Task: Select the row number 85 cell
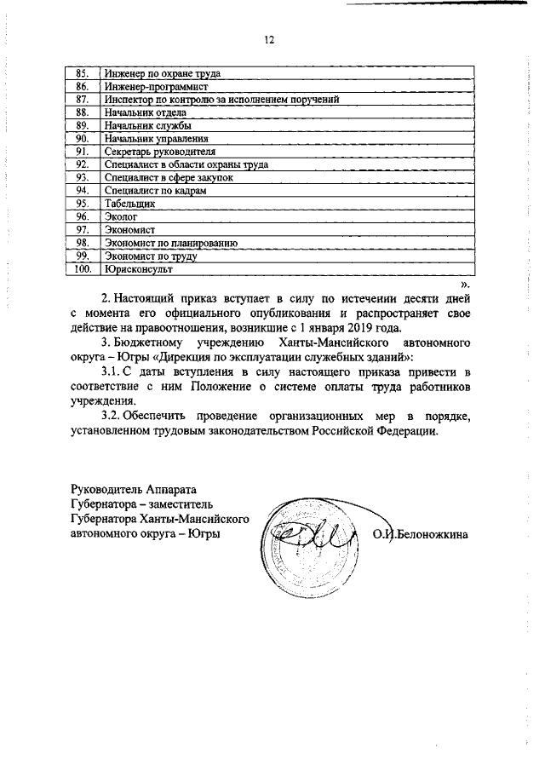(83, 73)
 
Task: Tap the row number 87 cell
(83, 100)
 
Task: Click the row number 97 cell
(83, 229)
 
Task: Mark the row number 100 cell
(83, 268)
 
